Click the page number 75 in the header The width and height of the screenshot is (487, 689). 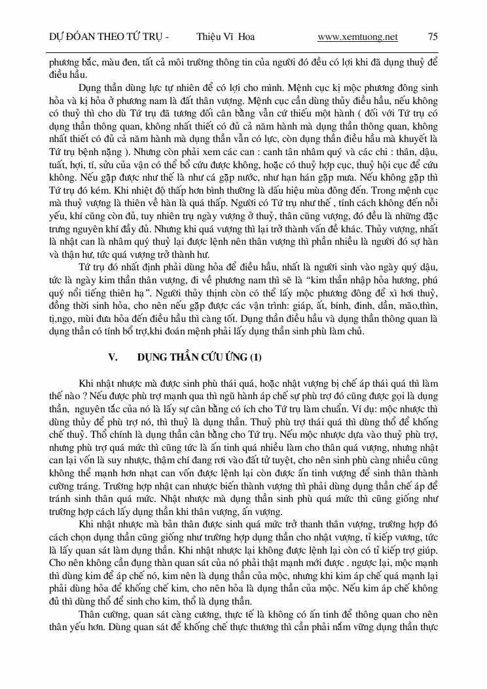coord(432,37)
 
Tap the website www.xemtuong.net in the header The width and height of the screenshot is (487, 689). coord(357,37)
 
